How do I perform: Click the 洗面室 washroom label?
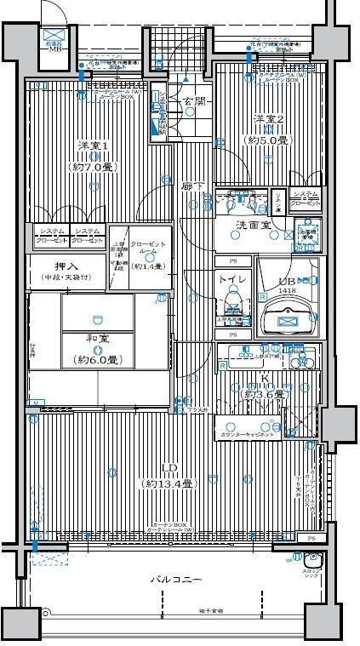(x=253, y=225)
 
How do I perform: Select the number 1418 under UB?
(x=289, y=290)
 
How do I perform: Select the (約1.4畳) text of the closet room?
(x=148, y=266)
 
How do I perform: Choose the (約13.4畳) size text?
(x=169, y=483)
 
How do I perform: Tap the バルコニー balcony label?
(x=177, y=580)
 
